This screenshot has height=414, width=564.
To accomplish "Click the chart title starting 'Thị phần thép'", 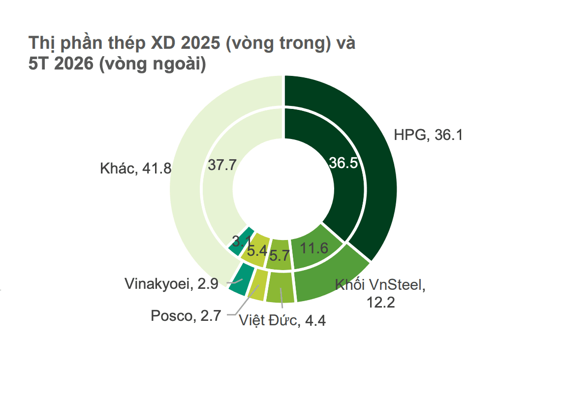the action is click(192, 53).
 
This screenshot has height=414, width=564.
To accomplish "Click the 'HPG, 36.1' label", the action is click(428, 135).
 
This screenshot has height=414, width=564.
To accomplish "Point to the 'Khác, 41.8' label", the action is click(136, 168).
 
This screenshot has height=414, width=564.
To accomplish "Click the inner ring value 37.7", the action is click(222, 165).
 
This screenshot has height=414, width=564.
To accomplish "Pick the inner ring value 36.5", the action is click(344, 163).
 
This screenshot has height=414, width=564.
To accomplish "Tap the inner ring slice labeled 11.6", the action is click(316, 248).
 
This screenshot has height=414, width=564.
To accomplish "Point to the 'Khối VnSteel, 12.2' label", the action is click(380, 293).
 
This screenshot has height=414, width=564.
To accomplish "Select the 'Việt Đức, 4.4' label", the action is click(282, 320).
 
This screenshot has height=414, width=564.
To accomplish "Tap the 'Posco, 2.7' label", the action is click(186, 315).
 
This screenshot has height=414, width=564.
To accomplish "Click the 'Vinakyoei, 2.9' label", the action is click(171, 284).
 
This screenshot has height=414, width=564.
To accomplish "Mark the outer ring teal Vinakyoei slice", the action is click(240, 279).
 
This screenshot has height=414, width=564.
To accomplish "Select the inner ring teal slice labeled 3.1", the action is click(240, 242).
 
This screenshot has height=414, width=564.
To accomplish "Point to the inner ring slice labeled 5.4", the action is click(256, 250).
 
